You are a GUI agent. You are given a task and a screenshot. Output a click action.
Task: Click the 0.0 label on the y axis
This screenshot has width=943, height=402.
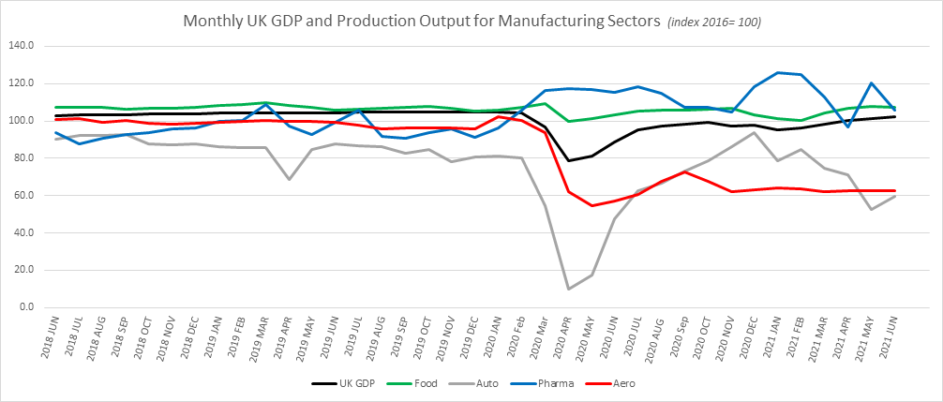(x=25, y=307)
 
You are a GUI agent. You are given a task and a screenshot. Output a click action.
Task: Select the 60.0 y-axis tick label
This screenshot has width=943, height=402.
(x=23, y=195)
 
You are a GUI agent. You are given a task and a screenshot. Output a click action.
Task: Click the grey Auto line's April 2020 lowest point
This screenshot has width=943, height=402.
(x=568, y=289)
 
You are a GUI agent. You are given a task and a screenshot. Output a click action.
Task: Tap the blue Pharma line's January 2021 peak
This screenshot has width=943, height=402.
(x=777, y=72)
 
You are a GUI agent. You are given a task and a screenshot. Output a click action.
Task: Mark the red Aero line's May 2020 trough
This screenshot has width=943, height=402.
(x=591, y=206)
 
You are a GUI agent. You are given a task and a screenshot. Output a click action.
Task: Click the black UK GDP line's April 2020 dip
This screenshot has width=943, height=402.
(x=568, y=160)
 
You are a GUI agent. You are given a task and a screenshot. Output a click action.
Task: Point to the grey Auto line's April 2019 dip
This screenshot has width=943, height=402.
(x=290, y=179)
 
